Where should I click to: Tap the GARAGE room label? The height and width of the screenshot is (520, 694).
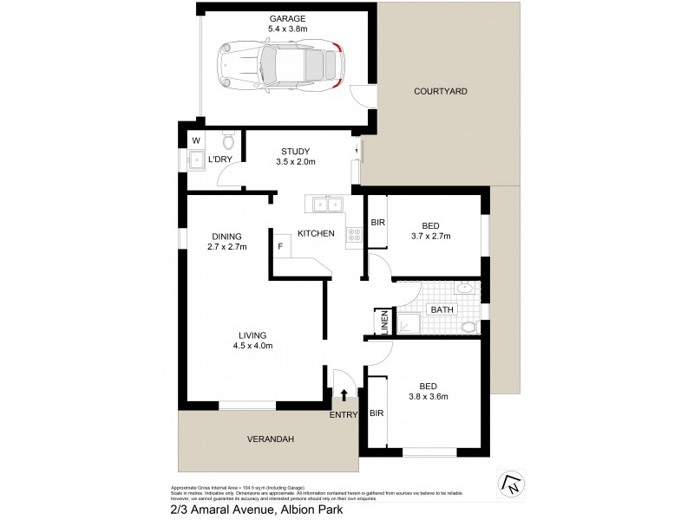(x=285, y=17)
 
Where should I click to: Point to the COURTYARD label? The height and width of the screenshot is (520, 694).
(x=440, y=91)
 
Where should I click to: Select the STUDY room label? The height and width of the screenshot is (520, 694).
(x=295, y=152)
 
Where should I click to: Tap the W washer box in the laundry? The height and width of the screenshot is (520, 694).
(x=195, y=140)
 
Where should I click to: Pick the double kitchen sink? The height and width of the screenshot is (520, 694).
(x=325, y=205)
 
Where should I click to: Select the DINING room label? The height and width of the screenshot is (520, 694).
(x=227, y=236)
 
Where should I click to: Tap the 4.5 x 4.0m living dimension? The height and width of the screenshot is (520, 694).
(x=253, y=347)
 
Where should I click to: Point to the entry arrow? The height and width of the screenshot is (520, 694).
(x=344, y=396)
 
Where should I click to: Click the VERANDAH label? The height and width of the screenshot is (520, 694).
(x=269, y=439)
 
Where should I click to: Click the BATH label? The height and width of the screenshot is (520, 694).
(x=442, y=309)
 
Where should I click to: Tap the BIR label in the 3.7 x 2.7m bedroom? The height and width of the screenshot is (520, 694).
(x=377, y=223)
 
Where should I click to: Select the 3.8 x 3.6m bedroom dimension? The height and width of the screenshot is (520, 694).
(x=429, y=398)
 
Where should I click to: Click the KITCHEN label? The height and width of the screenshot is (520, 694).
(x=316, y=234)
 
